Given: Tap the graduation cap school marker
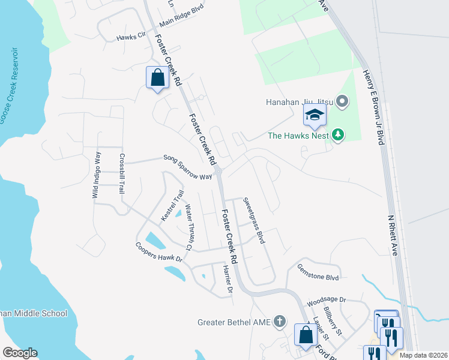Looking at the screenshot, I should tap(315, 115).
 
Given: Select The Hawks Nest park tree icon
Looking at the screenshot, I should tap(338, 135).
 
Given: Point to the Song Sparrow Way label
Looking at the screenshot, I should tap(188, 167).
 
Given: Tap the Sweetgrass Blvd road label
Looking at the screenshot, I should tap(253, 220).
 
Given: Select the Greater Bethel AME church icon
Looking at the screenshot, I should tap(279, 322).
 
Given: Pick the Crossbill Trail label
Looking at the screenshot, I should tap(122, 174).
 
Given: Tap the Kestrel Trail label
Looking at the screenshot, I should tap(170, 205).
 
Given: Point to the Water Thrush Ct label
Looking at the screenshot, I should tap(189, 227).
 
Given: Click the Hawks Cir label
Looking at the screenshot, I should tap(131, 36).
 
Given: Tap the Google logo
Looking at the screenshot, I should tap(20, 353).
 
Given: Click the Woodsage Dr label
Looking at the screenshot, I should tap(327, 299).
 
